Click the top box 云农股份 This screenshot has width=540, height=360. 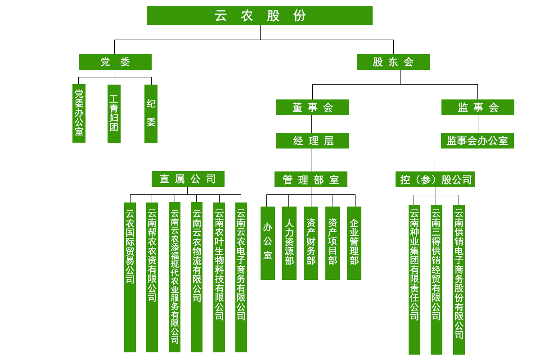coord(260,15)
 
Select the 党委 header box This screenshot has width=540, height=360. coord(115,62)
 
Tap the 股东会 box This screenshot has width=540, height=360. coord(393,62)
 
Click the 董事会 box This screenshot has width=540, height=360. coord(312,108)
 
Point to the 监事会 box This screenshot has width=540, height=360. coord(477,108)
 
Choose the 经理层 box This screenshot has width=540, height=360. coord(312,141)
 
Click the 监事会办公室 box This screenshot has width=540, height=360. coord(477,141)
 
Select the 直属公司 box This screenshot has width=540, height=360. coord(188,179)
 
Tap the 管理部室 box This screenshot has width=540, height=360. coord(310,180)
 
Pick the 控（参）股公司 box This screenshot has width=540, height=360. coord(435,180)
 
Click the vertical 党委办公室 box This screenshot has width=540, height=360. coord(79,113)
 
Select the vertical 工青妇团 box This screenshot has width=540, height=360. coord(114,113)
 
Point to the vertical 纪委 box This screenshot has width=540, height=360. coord(151,113)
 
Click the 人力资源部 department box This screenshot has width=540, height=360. coord(289,243)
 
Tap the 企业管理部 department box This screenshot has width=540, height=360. coord(354,243)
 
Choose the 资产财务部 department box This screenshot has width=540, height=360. coord(311,243)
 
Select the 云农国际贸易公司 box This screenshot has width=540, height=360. coord(130,277)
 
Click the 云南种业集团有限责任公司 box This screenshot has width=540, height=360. coord(414,279)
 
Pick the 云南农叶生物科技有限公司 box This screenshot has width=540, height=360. coord(219,277)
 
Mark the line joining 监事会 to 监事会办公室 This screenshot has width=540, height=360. coord(478,124)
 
